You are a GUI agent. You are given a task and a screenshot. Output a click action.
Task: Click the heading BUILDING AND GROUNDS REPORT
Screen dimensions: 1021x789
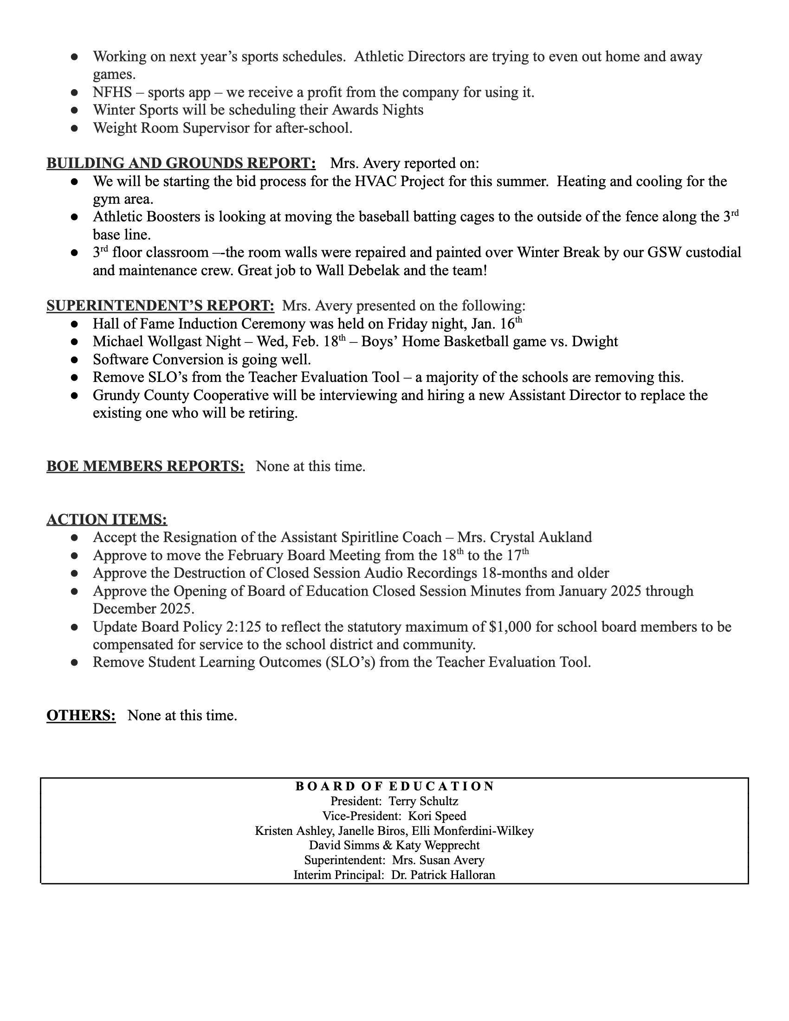181,163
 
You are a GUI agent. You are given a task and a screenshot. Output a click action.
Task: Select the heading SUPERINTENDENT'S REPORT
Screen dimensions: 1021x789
160,305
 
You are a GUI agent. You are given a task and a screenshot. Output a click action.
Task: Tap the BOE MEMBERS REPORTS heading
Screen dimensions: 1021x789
145,466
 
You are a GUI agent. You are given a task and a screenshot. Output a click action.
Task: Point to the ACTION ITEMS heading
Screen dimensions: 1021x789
107,519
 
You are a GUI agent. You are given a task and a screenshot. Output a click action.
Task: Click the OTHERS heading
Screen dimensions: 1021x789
81,715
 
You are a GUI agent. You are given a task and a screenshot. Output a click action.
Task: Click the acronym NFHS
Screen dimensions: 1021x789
113,92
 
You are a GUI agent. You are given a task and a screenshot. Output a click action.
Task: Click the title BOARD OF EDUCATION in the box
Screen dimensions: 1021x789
394,786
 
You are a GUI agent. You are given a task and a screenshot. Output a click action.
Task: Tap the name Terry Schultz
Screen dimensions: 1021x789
423,801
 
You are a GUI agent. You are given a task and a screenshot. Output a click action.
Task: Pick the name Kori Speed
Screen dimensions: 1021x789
437,816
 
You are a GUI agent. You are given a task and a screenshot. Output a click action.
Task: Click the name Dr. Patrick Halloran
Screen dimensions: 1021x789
443,875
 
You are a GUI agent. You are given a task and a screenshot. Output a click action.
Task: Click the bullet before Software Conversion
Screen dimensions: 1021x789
74,360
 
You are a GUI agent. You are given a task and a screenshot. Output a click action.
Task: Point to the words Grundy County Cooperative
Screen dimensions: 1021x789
181,395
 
